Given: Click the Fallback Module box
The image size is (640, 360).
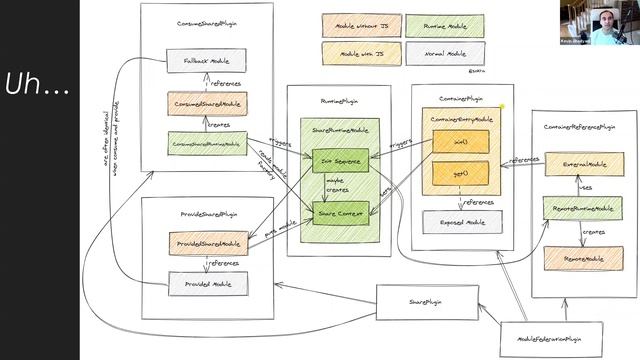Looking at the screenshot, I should click(x=206, y=62).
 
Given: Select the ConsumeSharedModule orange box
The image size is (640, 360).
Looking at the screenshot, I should click(x=206, y=103).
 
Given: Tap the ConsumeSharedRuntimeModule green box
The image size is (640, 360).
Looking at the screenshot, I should click(x=206, y=143).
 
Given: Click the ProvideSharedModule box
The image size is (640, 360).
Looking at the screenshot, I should click(x=208, y=243).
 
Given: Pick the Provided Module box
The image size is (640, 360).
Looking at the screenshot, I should click(x=208, y=283).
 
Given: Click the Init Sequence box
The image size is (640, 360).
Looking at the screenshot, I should click(x=340, y=160).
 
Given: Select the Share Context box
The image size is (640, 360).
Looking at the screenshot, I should click(x=340, y=212).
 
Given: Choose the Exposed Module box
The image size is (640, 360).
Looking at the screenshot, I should click(x=462, y=222).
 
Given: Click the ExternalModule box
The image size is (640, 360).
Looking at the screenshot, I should click(x=583, y=163).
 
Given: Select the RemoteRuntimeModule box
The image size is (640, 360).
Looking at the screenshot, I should click(x=583, y=209).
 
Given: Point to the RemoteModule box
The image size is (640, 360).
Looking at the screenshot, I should click(x=583, y=257).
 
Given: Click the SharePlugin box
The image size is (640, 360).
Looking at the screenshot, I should click(x=424, y=300).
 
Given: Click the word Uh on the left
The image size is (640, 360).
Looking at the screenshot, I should click(x=36, y=87).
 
